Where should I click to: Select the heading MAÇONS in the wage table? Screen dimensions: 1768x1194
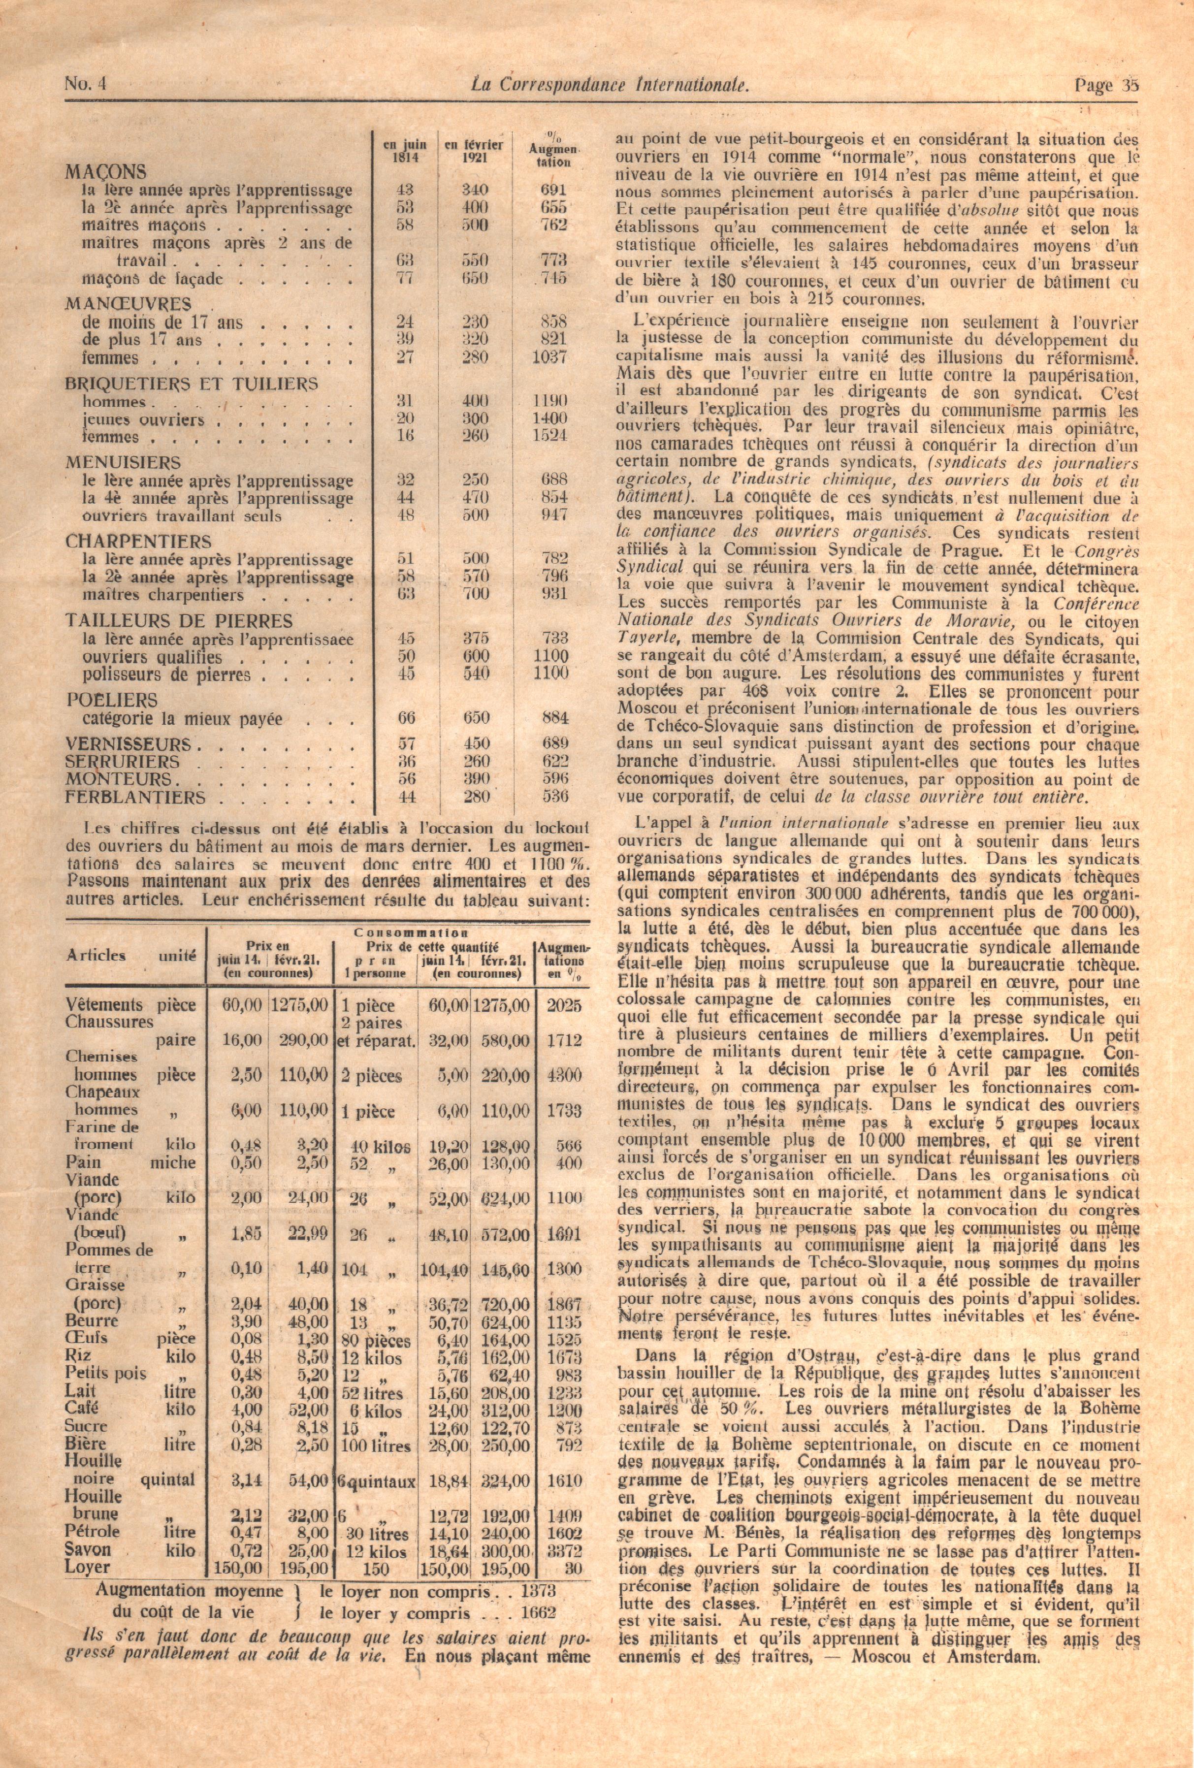pyautogui.click(x=106, y=172)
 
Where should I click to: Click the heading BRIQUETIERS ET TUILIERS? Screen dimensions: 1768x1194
pyautogui.click(x=192, y=384)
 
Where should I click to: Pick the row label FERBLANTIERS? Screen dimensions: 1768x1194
pyautogui.click(x=135, y=797)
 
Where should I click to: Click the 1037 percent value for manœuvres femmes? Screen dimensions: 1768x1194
pyautogui.click(x=550, y=357)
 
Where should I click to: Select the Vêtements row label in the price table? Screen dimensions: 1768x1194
pyautogui.click(x=104, y=1005)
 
